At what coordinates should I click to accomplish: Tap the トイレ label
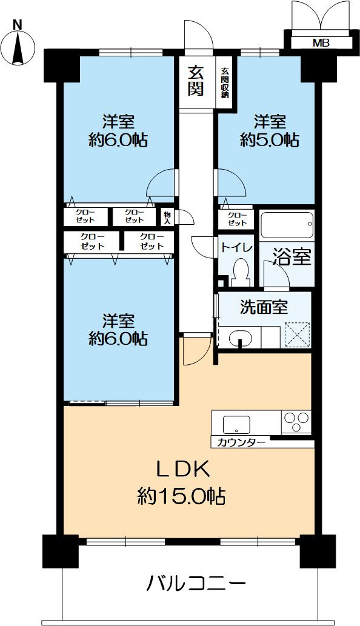click(233, 247)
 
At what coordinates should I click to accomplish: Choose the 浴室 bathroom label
click(292, 257)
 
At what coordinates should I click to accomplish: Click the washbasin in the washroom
click(241, 338)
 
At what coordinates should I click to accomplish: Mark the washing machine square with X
click(297, 335)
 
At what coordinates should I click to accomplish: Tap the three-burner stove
click(296, 421)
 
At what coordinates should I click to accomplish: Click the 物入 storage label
click(167, 217)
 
